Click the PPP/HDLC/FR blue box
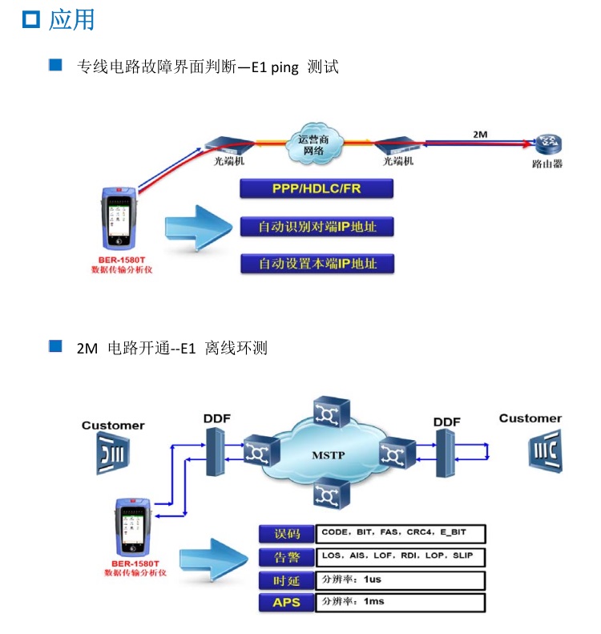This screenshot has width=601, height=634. click(317, 190)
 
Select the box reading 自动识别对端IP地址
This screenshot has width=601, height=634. click(317, 227)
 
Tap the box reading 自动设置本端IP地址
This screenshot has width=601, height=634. click(317, 263)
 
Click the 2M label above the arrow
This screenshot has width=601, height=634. click(481, 135)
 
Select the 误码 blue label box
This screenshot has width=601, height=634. click(287, 534)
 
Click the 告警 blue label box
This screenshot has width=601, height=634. click(287, 557)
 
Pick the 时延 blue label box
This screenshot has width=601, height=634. click(287, 580)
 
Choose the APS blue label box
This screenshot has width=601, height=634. click(287, 603)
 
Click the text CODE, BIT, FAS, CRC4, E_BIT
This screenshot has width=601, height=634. click(393, 532)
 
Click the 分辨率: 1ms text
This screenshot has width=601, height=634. click(352, 602)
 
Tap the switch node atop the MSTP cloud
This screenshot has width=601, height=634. click(329, 412)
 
